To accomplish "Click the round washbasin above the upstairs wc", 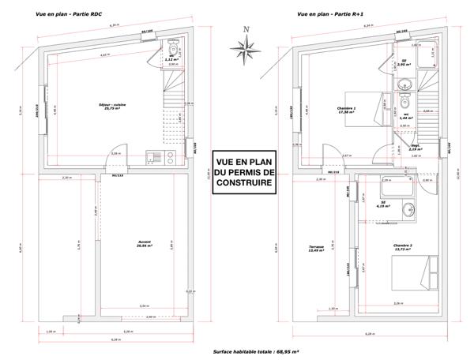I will coord(404,100).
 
